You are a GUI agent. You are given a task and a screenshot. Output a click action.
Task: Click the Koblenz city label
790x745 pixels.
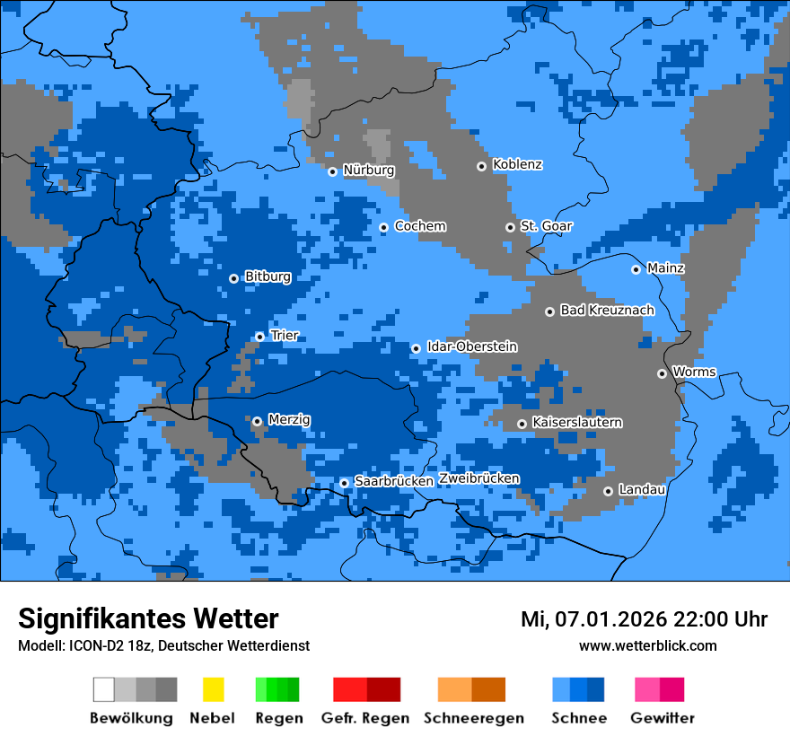click(517, 165)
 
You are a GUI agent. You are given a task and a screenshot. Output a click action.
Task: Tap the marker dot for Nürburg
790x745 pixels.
click(332, 171)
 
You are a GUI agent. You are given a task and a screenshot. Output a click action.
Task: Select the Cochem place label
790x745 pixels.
click(420, 226)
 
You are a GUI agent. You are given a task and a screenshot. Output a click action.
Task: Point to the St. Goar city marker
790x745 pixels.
click(510, 227)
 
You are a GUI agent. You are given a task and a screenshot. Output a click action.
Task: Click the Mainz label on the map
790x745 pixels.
click(665, 268)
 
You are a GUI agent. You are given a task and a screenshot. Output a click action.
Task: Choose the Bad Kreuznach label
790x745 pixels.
click(607, 311)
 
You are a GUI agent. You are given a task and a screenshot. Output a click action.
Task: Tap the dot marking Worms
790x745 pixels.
click(662, 373)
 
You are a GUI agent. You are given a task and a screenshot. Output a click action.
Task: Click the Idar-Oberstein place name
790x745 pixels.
click(471, 347)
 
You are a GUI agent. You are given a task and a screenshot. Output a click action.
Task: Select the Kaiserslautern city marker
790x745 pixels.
click(522, 424)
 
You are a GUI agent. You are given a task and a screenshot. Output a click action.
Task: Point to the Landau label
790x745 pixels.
click(642, 490)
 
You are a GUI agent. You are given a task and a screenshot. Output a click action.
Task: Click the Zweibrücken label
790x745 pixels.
click(478, 478)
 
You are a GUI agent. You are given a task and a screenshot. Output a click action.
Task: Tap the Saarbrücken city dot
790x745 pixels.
click(344, 483)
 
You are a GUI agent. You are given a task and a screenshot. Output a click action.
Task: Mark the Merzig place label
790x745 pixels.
click(289, 420)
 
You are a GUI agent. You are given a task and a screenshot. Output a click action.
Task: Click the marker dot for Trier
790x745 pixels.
click(259, 337)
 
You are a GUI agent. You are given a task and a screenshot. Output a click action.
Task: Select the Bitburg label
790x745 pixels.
click(268, 277)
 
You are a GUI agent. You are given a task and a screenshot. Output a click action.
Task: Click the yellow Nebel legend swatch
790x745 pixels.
click(213, 689)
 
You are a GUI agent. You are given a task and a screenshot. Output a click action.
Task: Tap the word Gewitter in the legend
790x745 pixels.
click(662, 718)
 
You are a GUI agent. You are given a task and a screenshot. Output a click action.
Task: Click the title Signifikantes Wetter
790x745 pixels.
click(148, 618)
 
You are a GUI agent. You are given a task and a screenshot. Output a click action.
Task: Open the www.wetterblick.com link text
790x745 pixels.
click(647, 645)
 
